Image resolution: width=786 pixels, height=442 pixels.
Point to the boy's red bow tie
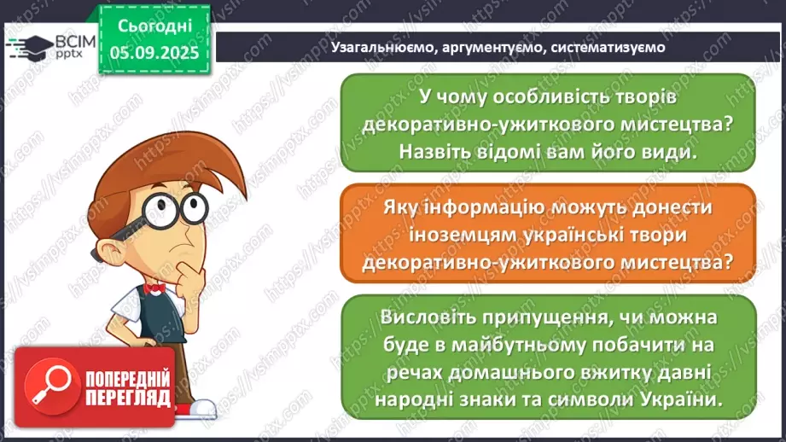click(154, 288)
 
